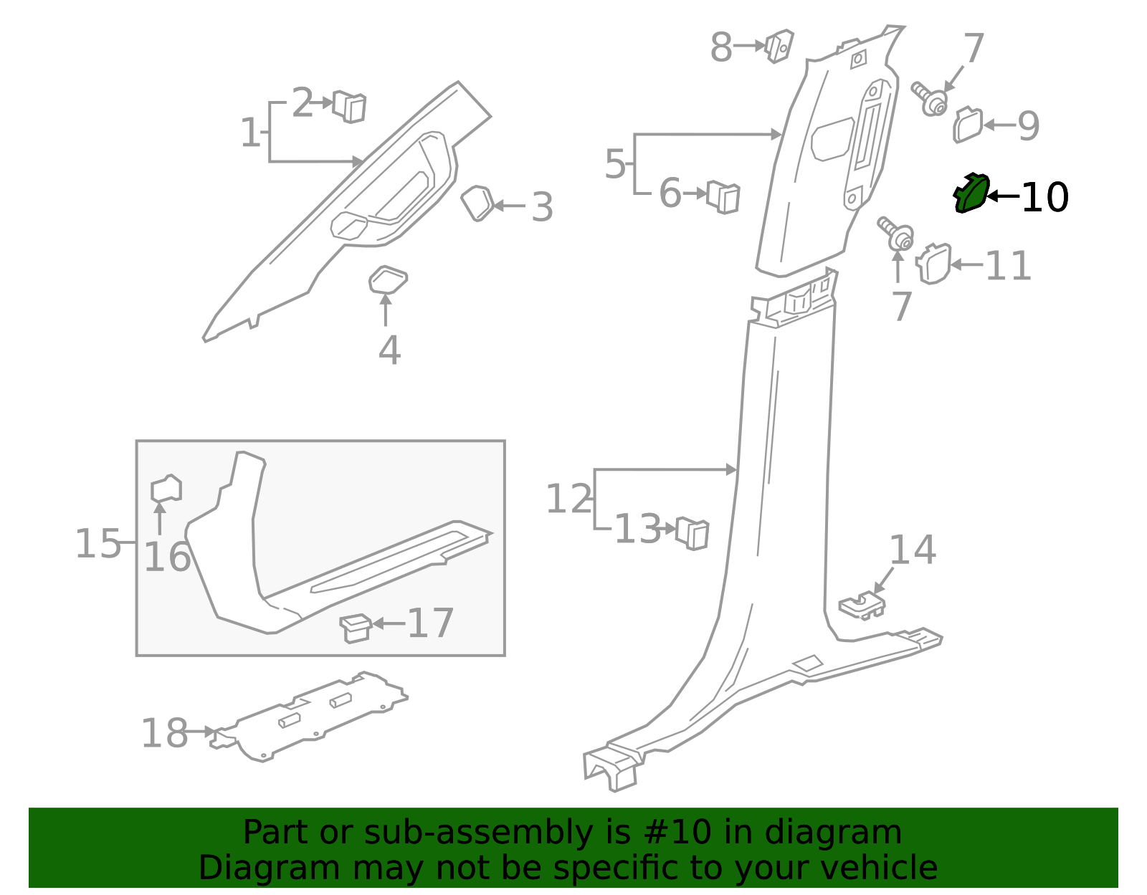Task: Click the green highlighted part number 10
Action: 971,193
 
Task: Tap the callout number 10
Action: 1044,197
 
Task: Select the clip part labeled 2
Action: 350,107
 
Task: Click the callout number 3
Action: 542,207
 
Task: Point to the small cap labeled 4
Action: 388,280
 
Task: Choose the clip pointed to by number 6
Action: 723,196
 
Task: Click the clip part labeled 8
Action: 779,45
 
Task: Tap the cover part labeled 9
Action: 968,125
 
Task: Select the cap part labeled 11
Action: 933,264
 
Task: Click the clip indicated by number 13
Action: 693,532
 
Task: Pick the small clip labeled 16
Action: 166,489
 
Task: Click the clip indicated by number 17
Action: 355,627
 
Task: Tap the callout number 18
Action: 164,734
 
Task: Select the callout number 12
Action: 569,499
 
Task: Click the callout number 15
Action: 98,544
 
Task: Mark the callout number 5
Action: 615,164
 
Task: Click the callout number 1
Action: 250,133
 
